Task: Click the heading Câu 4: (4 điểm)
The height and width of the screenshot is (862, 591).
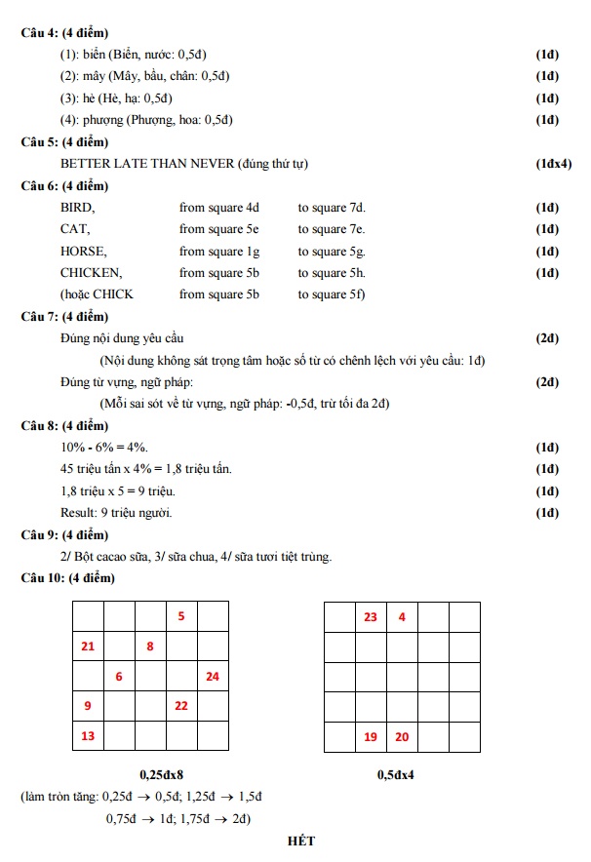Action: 64,33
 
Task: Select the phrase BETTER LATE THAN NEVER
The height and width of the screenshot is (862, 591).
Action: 147,164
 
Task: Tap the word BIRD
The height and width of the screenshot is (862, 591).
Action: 77,208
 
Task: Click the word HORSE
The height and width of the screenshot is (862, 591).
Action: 83,251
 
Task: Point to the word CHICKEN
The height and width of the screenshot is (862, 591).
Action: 91,273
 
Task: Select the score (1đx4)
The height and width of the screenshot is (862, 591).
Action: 553,164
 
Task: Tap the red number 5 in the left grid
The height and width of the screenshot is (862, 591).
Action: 181,616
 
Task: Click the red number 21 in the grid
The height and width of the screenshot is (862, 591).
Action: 88,646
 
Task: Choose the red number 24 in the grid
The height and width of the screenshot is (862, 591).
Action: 213,676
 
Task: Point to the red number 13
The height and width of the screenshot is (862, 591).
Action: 88,735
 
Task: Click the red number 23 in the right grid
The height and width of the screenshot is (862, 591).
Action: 371,616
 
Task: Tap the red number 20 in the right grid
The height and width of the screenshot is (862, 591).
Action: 402,736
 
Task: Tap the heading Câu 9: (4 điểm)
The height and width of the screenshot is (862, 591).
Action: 64,535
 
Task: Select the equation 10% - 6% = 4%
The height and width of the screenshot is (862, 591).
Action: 104,448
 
